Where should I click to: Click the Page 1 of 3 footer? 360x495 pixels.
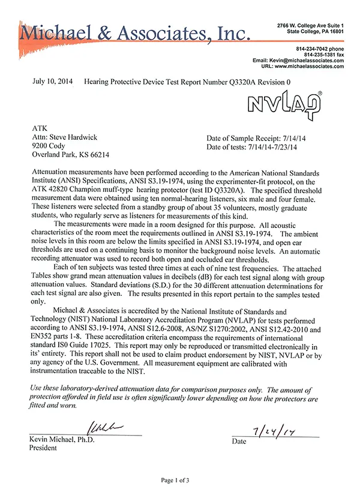[179, 480]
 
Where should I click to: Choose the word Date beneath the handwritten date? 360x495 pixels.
[239, 442]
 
